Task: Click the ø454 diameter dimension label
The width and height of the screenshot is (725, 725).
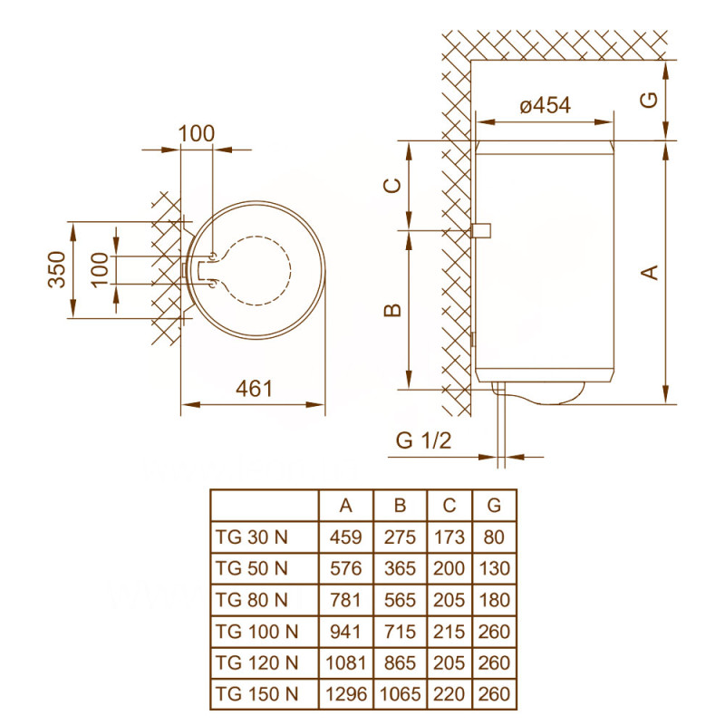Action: (x=545, y=106)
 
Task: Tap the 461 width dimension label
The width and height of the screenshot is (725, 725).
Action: (x=254, y=390)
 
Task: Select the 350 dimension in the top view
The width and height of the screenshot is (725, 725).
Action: (x=57, y=269)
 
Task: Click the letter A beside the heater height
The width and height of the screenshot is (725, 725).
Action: (x=649, y=271)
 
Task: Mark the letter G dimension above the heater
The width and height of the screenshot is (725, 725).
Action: (x=649, y=101)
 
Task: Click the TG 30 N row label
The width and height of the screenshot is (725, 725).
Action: (x=251, y=536)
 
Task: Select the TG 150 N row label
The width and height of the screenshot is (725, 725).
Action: (x=256, y=695)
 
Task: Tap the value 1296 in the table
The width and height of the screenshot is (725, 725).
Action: (x=345, y=695)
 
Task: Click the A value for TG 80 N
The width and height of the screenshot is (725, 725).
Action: (x=345, y=600)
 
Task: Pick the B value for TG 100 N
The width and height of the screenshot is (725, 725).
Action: (x=397, y=632)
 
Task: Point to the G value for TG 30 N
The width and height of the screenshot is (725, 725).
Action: (x=494, y=536)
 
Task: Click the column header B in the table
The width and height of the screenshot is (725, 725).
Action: (x=397, y=505)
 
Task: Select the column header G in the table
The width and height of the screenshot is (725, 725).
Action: (x=494, y=505)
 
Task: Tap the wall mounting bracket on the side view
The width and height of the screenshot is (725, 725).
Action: (x=480, y=230)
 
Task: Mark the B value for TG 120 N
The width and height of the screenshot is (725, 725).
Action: (x=397, y=663)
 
